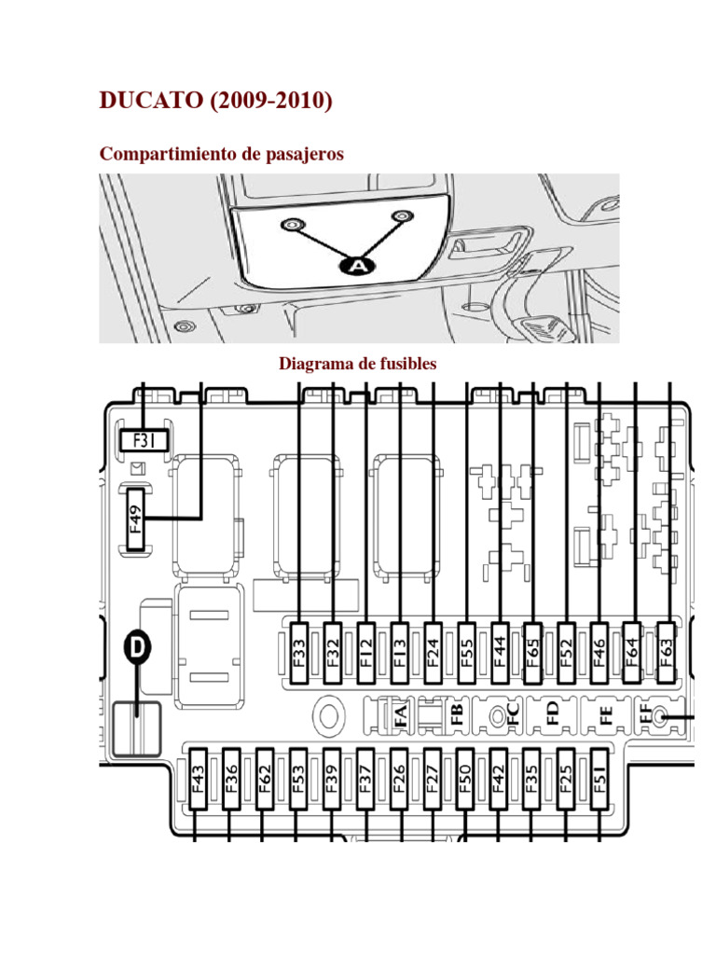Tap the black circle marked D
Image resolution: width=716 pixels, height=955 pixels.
click(x=137, y=651)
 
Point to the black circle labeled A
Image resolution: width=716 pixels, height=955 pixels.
click(x=355, y=266)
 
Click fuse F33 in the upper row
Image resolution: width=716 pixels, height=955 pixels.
click(x=299, y=652)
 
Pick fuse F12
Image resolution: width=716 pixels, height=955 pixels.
click(x=366, y=652)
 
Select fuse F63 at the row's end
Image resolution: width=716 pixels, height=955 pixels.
click(x=667, y=652)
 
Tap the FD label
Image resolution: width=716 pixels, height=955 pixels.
click(x=552, y=715)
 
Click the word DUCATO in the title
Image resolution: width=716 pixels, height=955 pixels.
click(x=144, y=102)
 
